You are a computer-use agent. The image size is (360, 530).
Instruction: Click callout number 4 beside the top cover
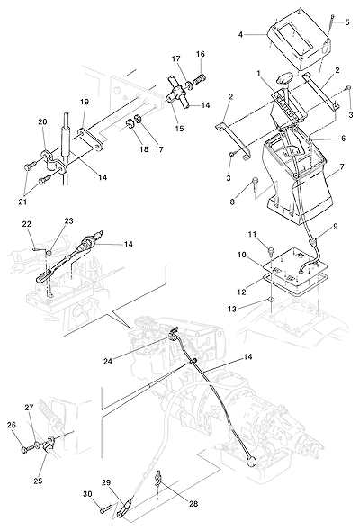(240, 34)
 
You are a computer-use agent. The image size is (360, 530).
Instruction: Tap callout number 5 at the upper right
(347, 22)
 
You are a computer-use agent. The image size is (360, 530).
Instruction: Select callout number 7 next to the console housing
(342, 166)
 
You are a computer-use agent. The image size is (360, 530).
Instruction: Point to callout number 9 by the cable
(336, 227)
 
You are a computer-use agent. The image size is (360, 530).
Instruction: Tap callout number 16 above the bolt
(201, 54)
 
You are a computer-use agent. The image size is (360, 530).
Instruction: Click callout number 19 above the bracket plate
(85, 102)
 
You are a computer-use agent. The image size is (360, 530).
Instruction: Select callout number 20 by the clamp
(42, 121)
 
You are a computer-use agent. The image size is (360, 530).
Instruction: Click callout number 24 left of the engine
(108, 362)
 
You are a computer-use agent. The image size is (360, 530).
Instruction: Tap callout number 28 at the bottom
(193, 504)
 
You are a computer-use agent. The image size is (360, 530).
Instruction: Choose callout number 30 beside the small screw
(87, 494)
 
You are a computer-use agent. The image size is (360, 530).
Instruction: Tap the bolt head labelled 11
(271, 251)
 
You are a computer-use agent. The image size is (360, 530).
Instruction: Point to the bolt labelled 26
(27, 449)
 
